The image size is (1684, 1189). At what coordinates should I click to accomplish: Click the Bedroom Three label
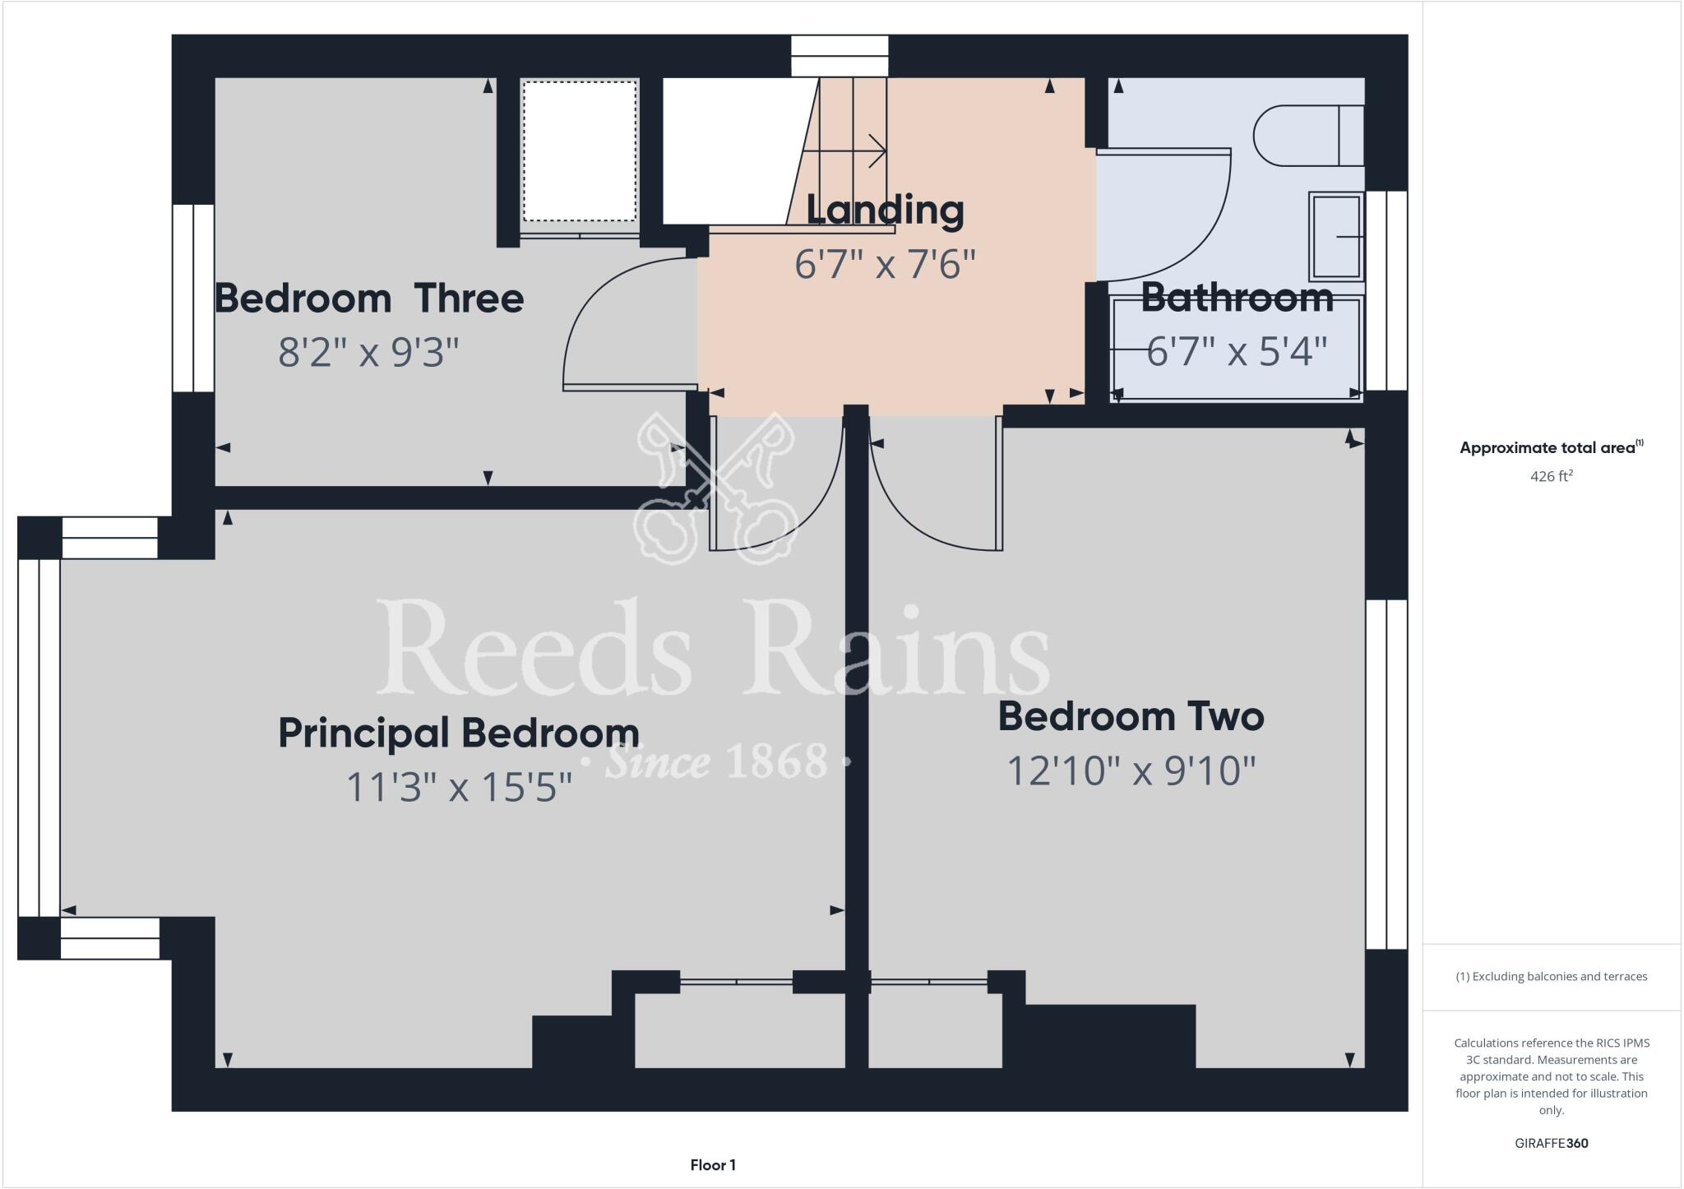click(x=368, y=298)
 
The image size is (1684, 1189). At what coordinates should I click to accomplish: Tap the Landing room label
click(x=885, y=211)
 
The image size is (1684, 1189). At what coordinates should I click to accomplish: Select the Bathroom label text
click(x=1237, y=298)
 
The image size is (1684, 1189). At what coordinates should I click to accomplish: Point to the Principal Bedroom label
click(x=458, y=733)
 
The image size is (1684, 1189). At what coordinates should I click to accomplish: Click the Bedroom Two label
click(x=1131, y=716)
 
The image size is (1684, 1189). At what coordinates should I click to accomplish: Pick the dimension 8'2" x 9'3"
click(x=368, y=353)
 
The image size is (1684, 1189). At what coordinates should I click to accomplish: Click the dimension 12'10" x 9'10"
click(x=1131, y=771)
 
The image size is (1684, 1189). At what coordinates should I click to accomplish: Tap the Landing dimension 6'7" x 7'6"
click(x=885, y=265)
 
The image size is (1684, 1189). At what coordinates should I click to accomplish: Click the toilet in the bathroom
click(x=1307, y=136)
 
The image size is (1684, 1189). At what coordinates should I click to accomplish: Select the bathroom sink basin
click(x=1336, y=237)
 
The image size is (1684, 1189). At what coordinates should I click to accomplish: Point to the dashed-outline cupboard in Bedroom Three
click(x=580, y=150)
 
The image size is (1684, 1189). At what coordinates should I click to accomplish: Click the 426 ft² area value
click(x=1551, y=476)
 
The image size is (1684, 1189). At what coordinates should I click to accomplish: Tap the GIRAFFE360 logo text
click(x=1551, y=1143)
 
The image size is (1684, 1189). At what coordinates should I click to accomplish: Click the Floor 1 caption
click(x=713, y=1165)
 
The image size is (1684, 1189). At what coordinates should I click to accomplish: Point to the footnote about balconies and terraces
click(x=1551, y=977)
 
